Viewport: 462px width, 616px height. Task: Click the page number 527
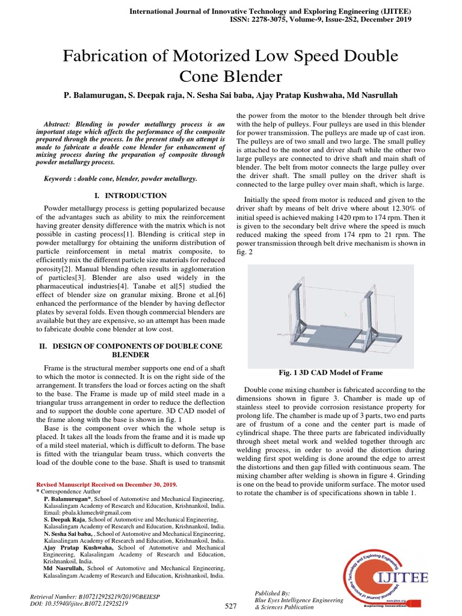(231, 606)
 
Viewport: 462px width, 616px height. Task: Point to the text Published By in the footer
(273, 593)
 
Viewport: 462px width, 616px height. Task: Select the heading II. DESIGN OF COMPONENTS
(130, 346)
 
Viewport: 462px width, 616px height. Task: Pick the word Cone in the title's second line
(200, 76)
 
